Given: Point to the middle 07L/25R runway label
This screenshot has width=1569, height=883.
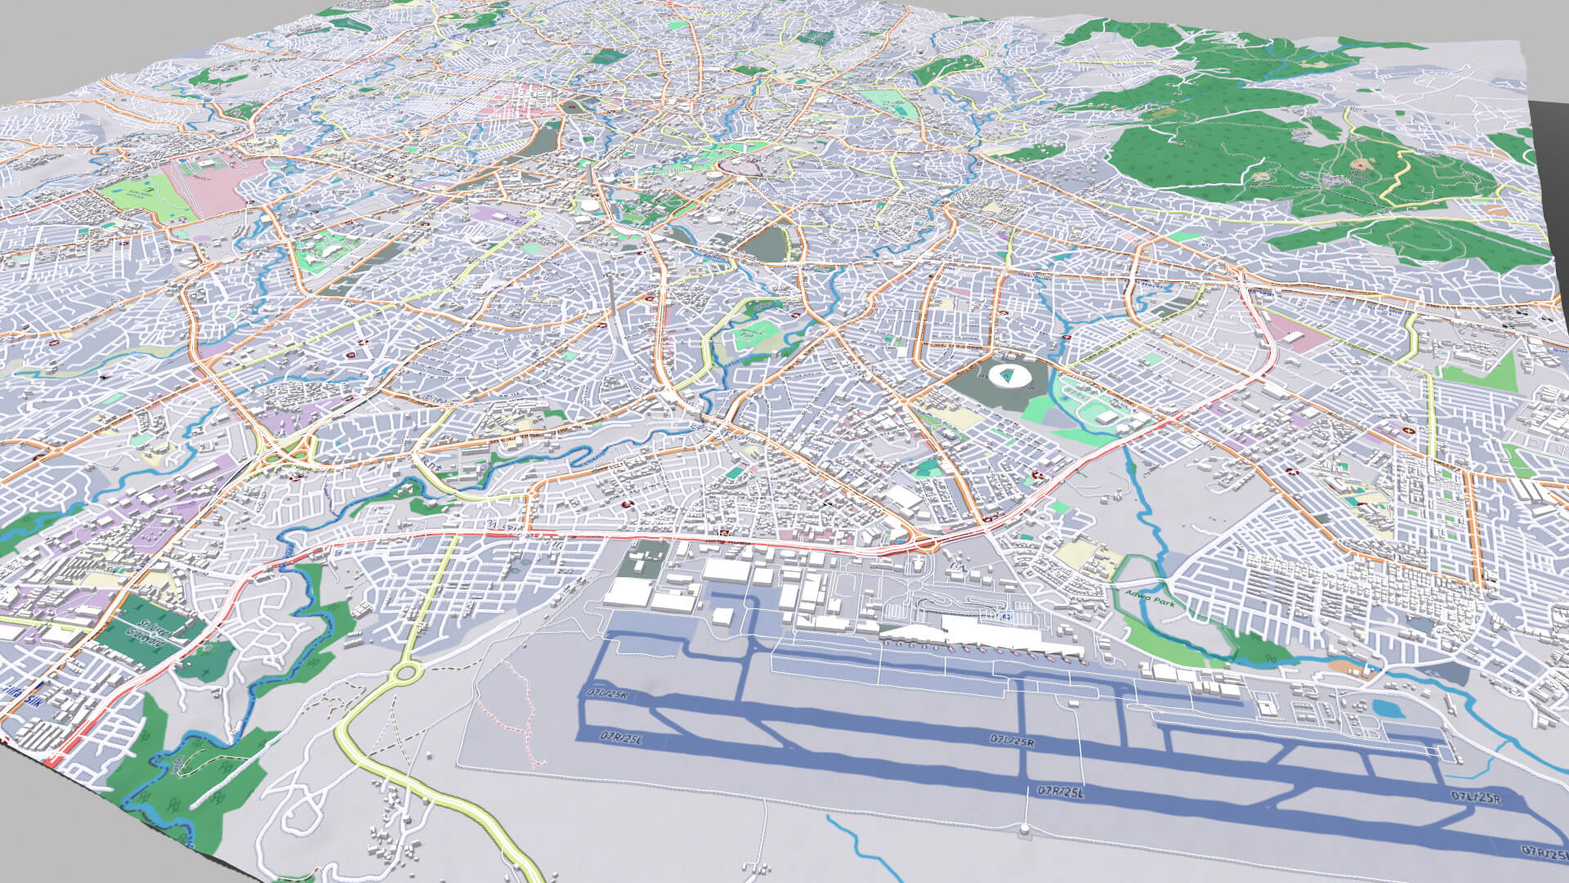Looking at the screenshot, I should click(x=1012, y=741).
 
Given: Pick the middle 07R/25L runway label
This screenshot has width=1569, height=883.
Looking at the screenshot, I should click(x=1061, y=791).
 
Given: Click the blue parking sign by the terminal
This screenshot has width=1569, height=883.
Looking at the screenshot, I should click(x=1008, y=616).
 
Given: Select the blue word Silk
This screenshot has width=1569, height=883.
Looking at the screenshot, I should click(x=34, y=701).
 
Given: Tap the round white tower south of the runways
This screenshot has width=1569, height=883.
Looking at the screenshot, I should click(x=1024, y=831).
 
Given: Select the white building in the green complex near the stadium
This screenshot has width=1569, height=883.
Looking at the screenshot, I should click(x=1107, y=418).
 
